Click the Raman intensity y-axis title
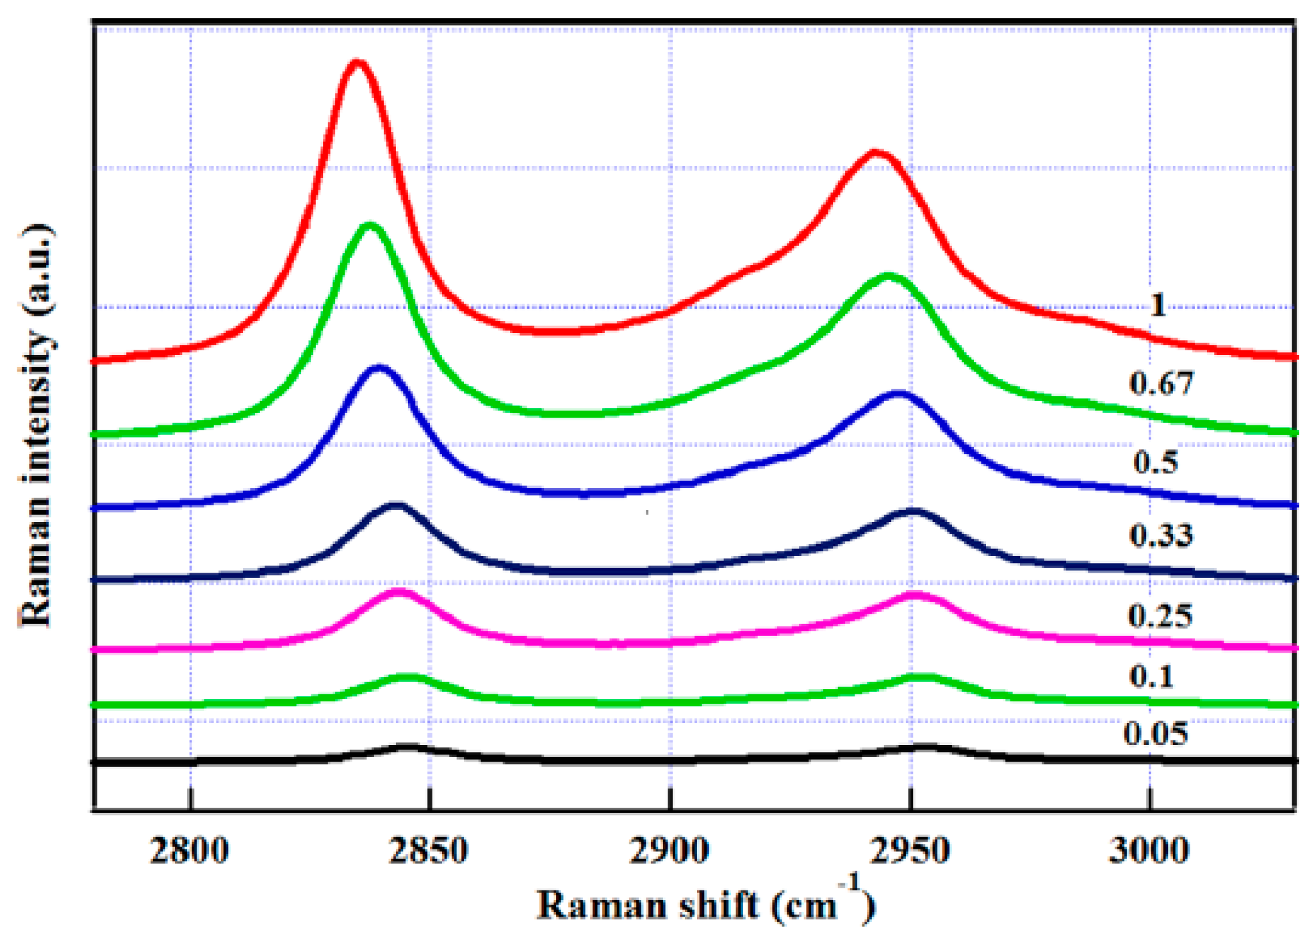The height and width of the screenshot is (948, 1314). click(36, 426)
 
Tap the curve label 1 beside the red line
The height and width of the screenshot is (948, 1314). click(1157, 306)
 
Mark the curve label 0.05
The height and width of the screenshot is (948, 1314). click(1155, 734)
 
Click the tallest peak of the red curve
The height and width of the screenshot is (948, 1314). click(357, 63)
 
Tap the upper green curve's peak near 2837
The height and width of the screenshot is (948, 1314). click(369, 225)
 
